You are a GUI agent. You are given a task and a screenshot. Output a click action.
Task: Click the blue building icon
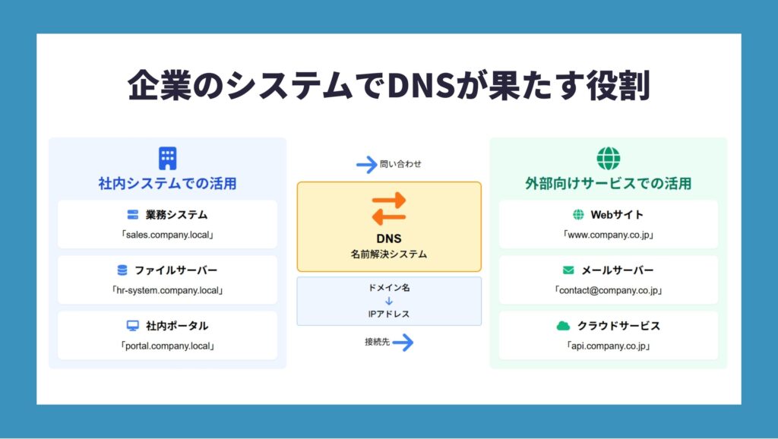tap(168, 158)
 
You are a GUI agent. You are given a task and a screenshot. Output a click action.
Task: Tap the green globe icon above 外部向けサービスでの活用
tap(609, 158)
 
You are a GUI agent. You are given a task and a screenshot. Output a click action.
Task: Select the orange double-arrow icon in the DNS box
tap(389, 209)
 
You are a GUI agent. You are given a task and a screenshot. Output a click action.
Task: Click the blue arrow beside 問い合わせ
tap(367, 165)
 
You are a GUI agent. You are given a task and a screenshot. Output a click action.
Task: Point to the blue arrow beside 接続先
tap(403, 343)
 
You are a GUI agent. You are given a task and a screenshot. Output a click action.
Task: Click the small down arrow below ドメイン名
tap(389, 301)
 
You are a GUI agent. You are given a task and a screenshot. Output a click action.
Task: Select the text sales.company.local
tap(167, 235)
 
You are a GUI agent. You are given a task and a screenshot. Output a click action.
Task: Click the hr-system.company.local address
tap(167, 291)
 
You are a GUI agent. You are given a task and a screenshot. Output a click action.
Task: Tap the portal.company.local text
tap(167, 346)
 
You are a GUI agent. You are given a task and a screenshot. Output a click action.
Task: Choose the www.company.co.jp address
tap(609, 235)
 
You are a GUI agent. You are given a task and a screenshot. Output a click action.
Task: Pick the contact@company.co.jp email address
tap(609, 291)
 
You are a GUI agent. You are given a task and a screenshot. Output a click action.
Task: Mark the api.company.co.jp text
tap(609, 346)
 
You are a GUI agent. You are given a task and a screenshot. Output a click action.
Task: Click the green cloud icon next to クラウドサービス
tap(563, 326)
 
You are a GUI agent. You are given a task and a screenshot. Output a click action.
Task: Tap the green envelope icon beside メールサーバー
tap(568, 270)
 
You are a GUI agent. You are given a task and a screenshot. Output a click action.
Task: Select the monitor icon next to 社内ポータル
tap(132, 326)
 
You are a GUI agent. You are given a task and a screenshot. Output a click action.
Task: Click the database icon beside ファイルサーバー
tap(122, 270)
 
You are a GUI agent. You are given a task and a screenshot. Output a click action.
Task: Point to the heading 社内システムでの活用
tap(167, 184)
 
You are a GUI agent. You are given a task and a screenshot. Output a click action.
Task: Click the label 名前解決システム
tap(389, 254)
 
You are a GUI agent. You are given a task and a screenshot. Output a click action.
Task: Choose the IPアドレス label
tap(389, 314)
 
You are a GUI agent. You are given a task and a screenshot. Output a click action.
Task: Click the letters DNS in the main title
tap(421, 85)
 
